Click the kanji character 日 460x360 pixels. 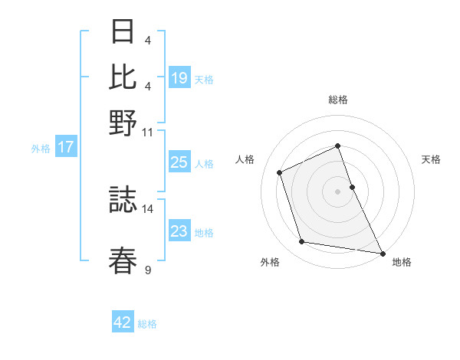tap(123, 33)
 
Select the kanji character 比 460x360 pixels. tap(123, 77)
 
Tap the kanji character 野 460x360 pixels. tap(123, 122)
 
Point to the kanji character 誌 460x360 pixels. tap(123, 200)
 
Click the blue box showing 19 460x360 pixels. tap(179, 78)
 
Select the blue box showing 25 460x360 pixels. tap(179, 162)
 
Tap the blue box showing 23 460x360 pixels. tap(179, 231)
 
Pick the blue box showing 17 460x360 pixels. tap(66, 147)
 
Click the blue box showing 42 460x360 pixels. tap(123, 322)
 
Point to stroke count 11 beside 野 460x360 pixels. tap(147, 132)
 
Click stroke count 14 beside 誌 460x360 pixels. tap(147, 208)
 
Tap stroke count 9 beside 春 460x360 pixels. tap(148, 269)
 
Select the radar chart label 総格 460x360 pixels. tap(337, 100)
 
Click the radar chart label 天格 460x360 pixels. tap(431, 159)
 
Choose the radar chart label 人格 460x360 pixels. tap(245, 159)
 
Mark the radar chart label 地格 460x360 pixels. tap(402, 263)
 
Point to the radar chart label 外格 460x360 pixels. tap(270, 263)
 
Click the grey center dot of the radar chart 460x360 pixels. tap(337, 191)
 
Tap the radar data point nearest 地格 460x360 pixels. tap(381, 252)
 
